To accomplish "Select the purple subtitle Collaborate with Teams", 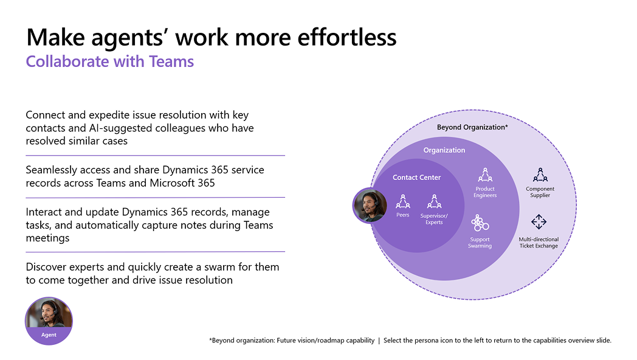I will click(110, 61).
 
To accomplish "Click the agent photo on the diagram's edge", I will click(370, 206).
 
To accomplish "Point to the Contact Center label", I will click(416, 178).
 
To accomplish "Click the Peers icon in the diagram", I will click(403, 201).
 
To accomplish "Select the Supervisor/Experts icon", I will click(434, 201).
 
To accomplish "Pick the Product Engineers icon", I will click(485, 175).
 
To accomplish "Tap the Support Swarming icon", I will click(480, 223).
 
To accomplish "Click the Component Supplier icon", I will click(540, 175).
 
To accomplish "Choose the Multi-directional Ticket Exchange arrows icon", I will click(539, 222).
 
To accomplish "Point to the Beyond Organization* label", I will click(472, 127).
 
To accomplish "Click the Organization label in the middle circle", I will click(444, 150).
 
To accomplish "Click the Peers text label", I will click(403, 215).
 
